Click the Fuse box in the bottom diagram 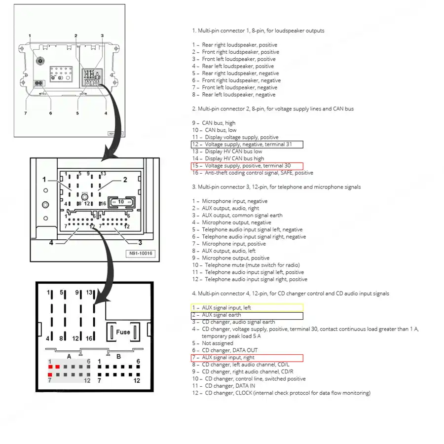[x=123, y=332]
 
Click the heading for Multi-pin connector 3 [x=277, y=187]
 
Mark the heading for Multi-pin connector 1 [x=259, y=31]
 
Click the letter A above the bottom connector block [x=69, y=355]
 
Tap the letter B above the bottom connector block [x=118, y=355]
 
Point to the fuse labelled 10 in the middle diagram [x=121, y=201]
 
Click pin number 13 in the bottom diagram [x=90, y=293]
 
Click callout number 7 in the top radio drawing [x=25, y=113]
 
